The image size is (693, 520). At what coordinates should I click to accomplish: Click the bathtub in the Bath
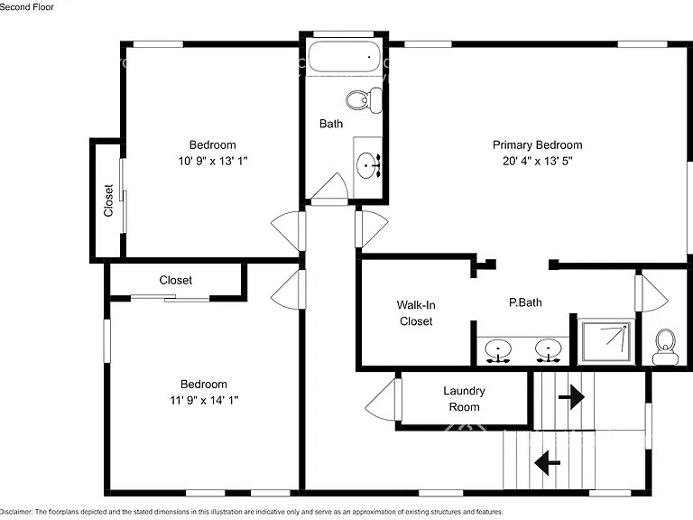click(345, 57)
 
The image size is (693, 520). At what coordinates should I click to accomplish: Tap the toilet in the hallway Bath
click(365, 100)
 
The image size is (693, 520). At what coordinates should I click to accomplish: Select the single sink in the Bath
click(368, 165)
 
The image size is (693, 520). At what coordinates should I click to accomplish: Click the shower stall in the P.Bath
click(606, 342)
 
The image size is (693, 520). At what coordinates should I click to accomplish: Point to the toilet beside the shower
click(666, 347)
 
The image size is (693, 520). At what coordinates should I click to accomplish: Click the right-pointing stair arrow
click(571, 397)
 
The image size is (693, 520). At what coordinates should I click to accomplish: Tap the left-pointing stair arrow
click(547, 463)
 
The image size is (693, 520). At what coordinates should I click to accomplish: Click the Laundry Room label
click(464, 399)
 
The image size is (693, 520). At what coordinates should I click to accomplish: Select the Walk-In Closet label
click(416, 313)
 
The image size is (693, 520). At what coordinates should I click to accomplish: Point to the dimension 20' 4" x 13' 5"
click(538, 161)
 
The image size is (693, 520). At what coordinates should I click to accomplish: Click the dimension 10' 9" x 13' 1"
click(213, 161)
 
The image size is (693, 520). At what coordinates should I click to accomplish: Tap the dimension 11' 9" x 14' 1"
click(204, 400)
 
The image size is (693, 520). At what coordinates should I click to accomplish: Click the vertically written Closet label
click(108, 200)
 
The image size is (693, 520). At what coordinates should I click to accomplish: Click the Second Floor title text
click(27, 7)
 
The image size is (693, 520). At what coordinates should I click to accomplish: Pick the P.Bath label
click(525, 302)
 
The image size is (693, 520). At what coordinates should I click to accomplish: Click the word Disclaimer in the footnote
click(16, 512)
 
